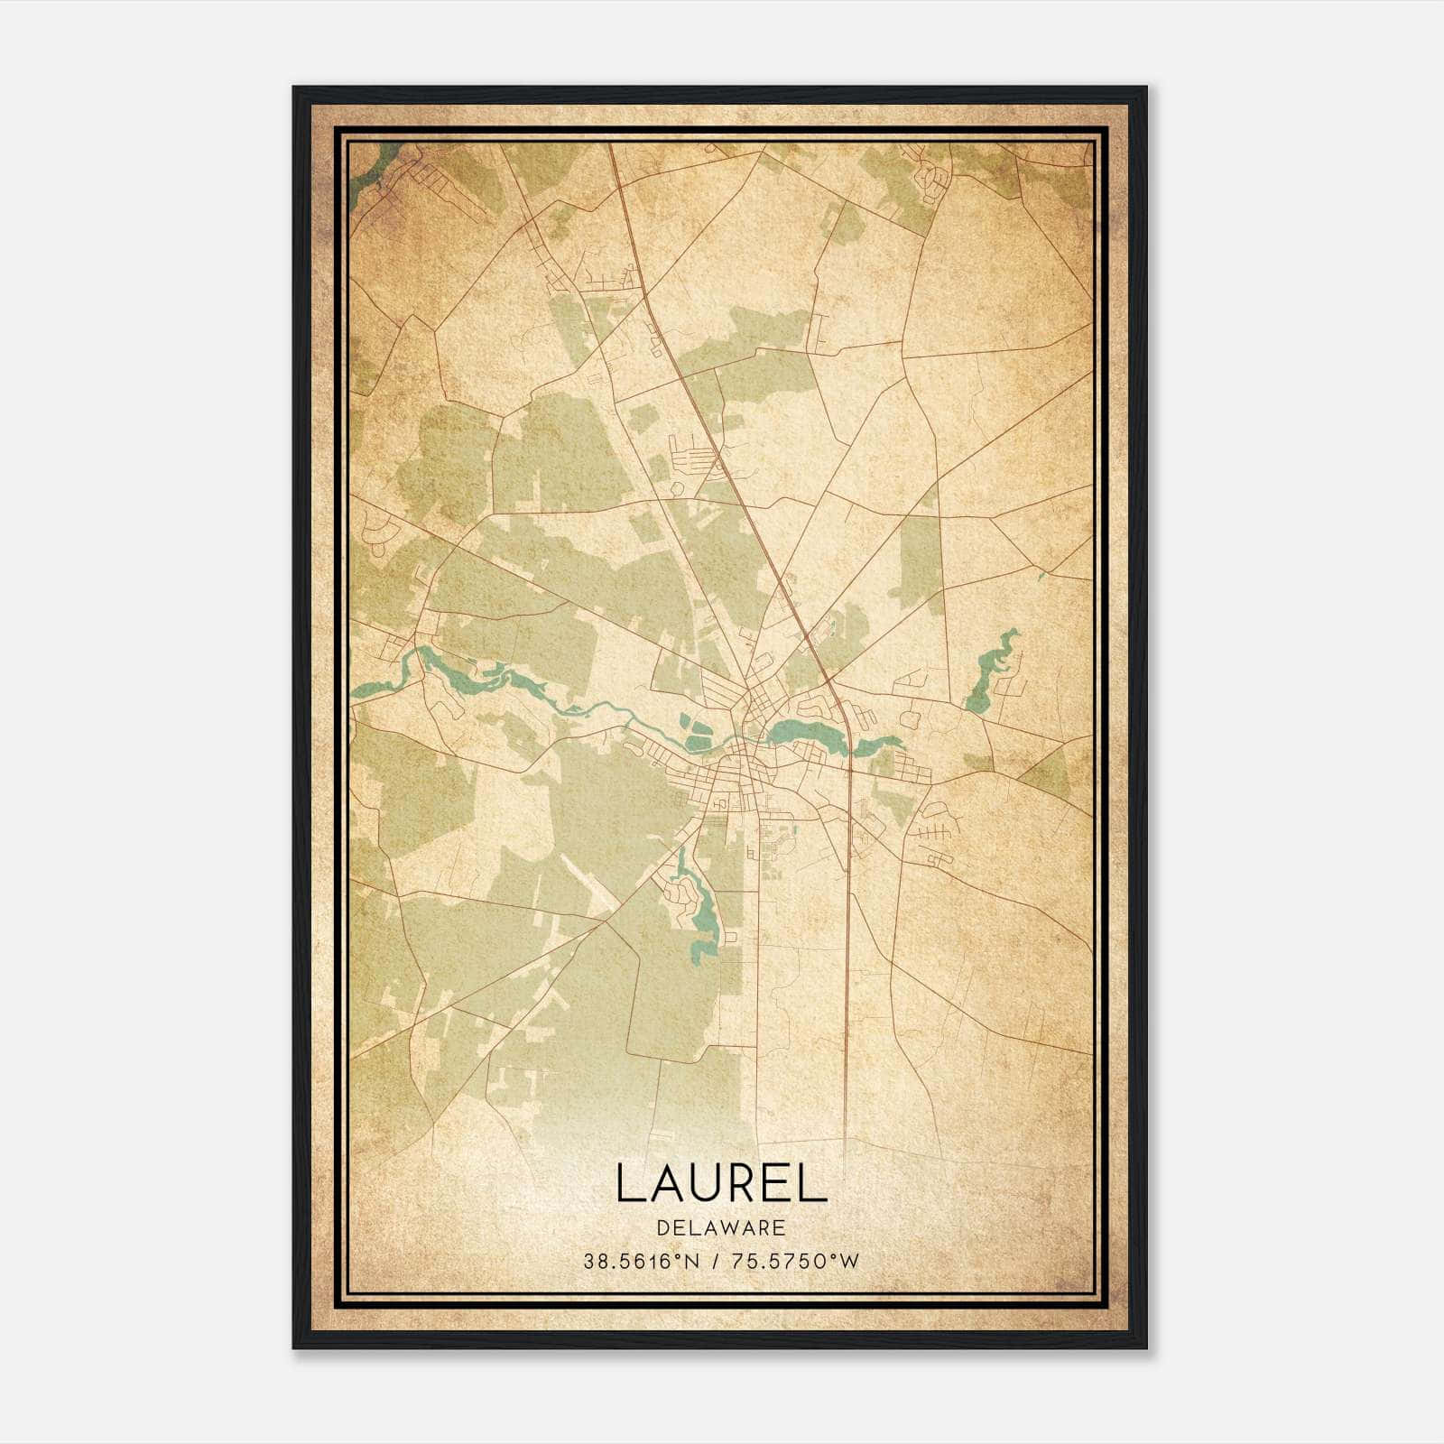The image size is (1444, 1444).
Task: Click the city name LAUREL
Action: click(721, 1182)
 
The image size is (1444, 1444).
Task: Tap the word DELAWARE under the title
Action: click(721, 1228)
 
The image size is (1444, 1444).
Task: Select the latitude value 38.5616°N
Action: click(641, 1262)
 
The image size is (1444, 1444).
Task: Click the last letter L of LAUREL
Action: click(814, 1182)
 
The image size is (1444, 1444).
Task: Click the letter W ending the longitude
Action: click(850, 1262)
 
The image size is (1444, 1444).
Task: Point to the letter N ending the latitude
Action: click(693, 1262)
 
